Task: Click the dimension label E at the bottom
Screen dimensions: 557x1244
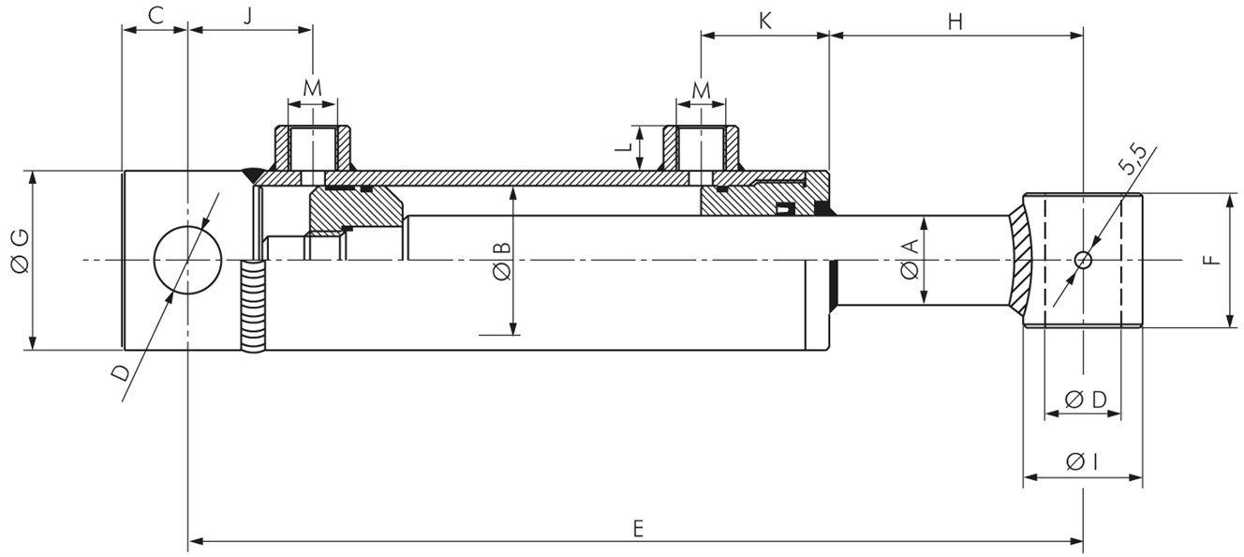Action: [x=637, y=528]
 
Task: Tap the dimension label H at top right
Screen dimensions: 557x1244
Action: [x=955, y=22]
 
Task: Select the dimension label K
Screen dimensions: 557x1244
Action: [x=764, y=22]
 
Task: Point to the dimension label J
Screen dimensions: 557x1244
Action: [x=248, y=17]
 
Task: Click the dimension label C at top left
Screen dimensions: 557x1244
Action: [x=155, y=16]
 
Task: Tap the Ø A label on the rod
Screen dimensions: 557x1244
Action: [x=908, y=261]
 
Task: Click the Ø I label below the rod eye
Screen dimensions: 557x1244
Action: [x=1082, y=461]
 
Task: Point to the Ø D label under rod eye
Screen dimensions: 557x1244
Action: [x=1086, y=399]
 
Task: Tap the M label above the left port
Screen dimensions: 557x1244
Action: [x=312, y=88]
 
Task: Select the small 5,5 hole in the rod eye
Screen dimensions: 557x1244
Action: [x=1083, y=260]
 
